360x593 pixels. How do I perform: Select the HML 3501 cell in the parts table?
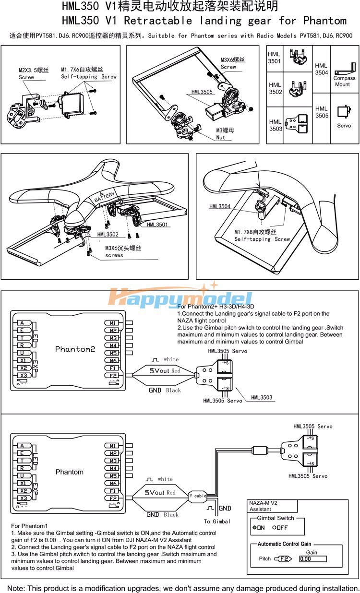coord(275,58)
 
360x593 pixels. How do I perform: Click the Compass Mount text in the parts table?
coord(344,81)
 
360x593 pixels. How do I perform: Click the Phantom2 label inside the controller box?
coord(75,349)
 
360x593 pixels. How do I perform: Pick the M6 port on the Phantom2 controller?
coord(113,360)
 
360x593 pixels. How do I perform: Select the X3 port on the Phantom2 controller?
coord(23,375)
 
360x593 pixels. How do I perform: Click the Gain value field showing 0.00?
coord(312,559)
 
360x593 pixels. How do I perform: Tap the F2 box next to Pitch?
coord(284,559)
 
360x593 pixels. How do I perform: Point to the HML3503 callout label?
coord(261,397)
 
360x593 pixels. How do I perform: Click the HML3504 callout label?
coord(220,207)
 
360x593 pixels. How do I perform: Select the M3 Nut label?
coord(221,134)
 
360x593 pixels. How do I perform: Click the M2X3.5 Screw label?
coord(33,73)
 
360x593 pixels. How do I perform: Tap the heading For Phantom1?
coord(29,526)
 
